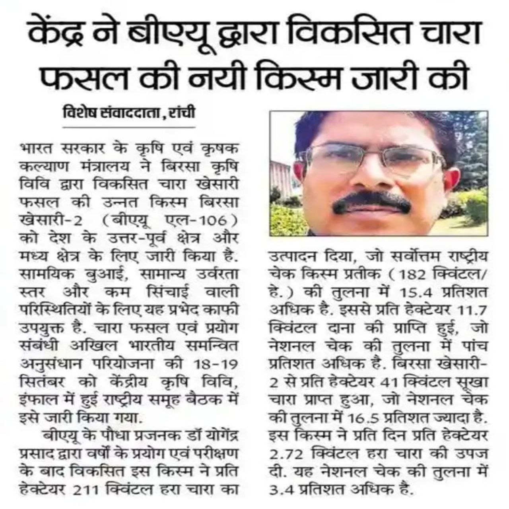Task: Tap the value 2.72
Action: click(x=288, y=453)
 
